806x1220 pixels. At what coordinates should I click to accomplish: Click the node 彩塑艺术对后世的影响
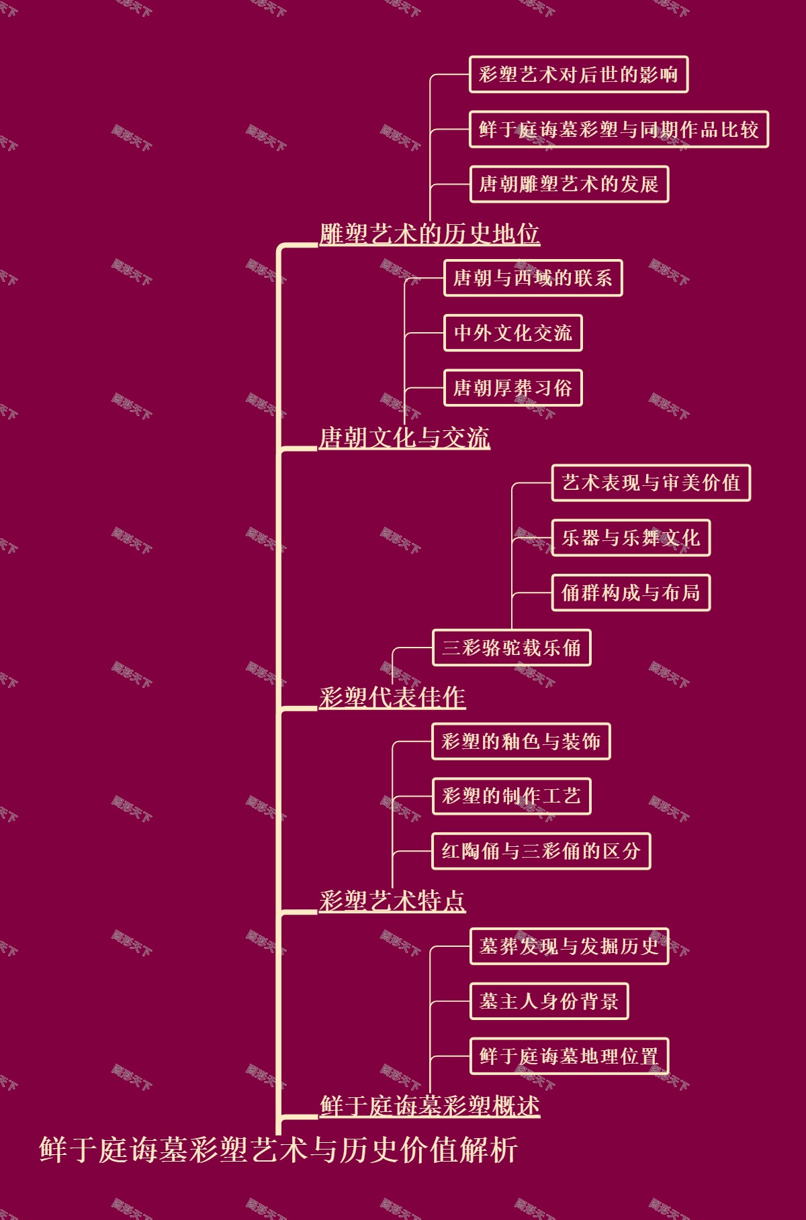click(578, 74)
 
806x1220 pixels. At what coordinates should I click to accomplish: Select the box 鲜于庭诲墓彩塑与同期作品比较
click(619, 130)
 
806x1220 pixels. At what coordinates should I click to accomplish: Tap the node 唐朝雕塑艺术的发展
click(569, 184)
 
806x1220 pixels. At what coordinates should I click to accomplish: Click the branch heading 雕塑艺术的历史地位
click(429, 234)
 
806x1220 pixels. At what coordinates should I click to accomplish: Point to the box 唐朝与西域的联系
click(533, 278)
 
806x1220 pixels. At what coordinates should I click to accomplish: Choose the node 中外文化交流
click(512, 333)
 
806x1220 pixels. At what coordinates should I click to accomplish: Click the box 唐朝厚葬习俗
click(512, 388)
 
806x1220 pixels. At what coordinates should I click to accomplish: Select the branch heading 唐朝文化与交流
click(404, 438)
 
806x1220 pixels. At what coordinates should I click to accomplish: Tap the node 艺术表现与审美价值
click(651, 482)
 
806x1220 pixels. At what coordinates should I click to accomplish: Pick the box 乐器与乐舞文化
click(631, 538)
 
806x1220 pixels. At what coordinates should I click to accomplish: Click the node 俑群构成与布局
click(631, 593)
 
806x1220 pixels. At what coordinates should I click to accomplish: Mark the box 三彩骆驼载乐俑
click(511, 648)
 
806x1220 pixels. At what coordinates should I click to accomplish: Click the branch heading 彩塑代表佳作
click(392, 697)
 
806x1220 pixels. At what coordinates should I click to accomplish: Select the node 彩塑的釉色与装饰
click(521, 742)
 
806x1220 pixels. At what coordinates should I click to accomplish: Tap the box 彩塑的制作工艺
click(511, 797)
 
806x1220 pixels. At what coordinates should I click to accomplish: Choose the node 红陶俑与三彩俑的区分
click(541, 851)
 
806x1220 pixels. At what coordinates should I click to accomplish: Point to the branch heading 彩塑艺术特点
click(392, 901)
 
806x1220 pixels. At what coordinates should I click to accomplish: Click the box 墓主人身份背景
click(549, 1001)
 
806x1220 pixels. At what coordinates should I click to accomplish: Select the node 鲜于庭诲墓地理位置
click(569, 1056)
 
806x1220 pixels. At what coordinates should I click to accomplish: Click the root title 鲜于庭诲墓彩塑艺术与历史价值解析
click(279, 1149)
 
